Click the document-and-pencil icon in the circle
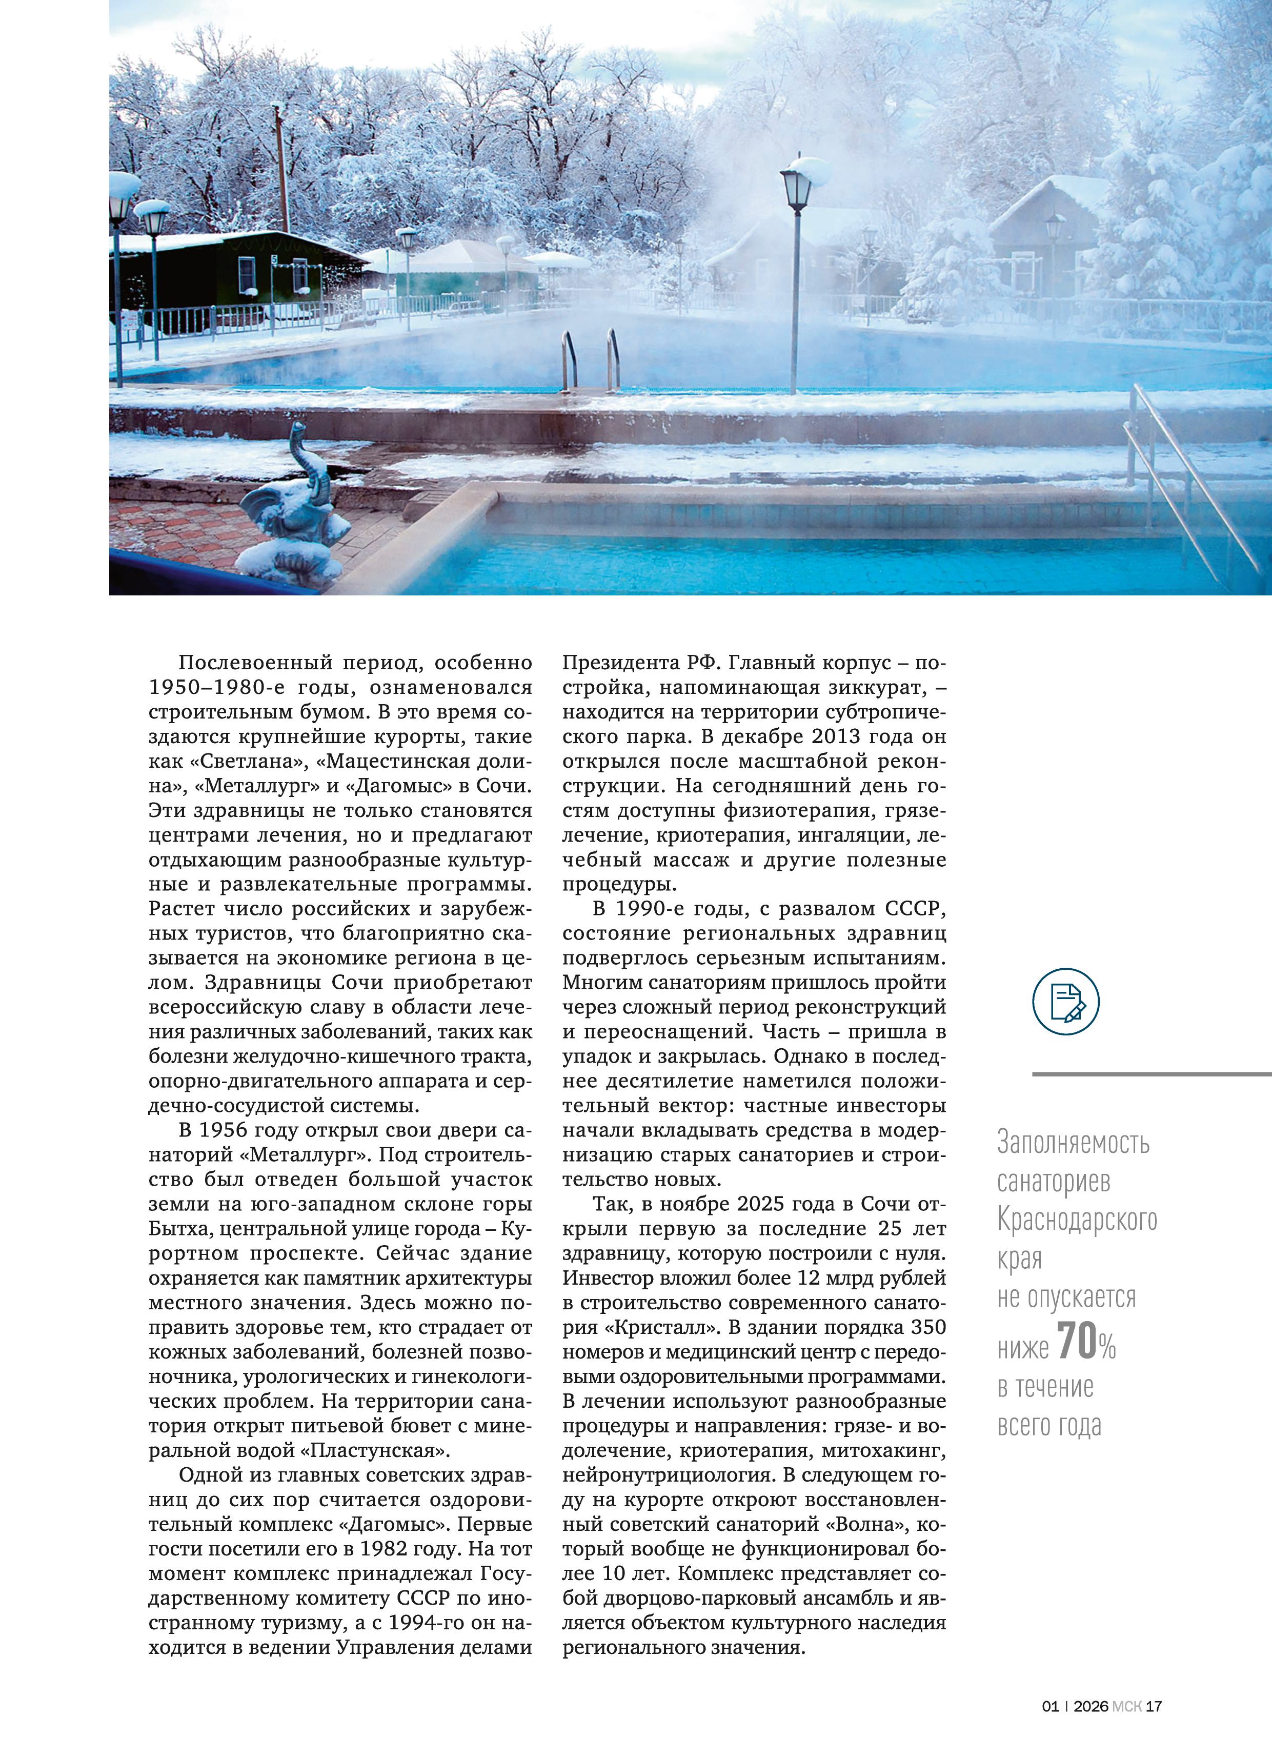point(1066,1002)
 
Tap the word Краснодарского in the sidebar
point(1077,1220)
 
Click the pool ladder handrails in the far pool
point(590,360)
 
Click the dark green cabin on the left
point(232,271)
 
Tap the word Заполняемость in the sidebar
point(1073,1142)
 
